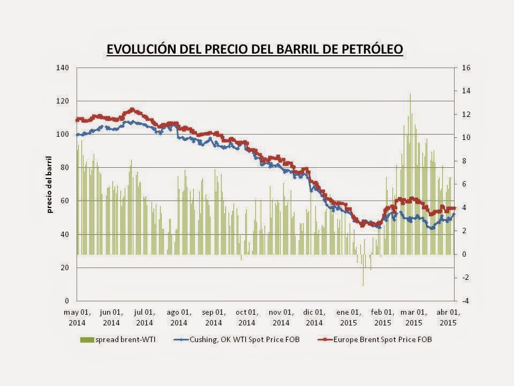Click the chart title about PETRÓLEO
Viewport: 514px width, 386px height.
pyautogui.click(x=254, y=49)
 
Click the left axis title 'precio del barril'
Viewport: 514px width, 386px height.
pyautogui.click(x=50, y=184)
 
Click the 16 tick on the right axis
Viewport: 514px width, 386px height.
pyautogui.click(x=464, y=68)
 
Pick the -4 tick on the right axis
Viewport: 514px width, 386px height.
pyautogui.click(x=463, y=301)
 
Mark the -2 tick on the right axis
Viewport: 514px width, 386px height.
pyautogui.click(x=463, y=277)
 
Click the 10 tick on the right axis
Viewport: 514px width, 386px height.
pyautogui.click(x=464, y=138)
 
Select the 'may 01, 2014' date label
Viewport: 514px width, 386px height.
pyautogui.click(x=77, y=317)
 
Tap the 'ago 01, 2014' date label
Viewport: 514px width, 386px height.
pyautogui.click(x=179, y=317)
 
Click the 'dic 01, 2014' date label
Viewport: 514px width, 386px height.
pyautogui.click(x=314, y=317)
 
